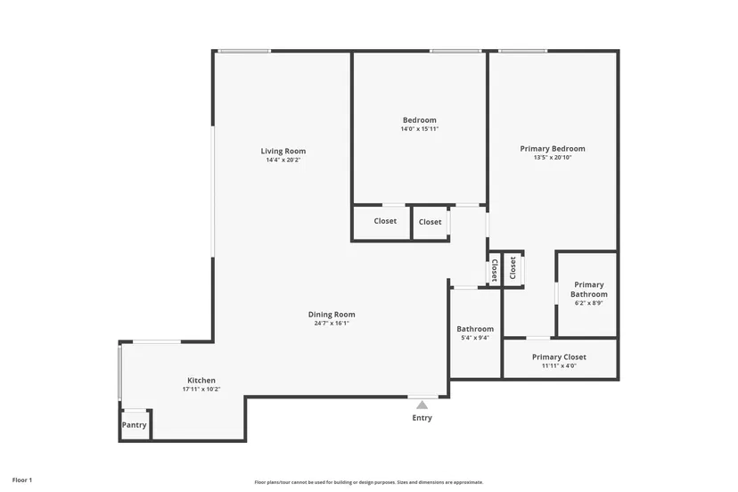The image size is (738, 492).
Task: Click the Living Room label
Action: (283, 152)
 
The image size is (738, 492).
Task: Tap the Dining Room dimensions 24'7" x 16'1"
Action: (332, 324)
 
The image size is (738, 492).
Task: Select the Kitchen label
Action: (201, 381)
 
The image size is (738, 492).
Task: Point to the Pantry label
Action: (134, 424)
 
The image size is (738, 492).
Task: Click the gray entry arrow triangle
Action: (422, 405)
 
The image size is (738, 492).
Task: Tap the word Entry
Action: (422, 418)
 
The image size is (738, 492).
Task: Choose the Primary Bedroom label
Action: (553, 149)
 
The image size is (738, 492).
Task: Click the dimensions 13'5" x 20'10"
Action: (553, 158)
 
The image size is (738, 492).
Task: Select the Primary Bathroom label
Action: (589, 290)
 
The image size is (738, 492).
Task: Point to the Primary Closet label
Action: (559, 357)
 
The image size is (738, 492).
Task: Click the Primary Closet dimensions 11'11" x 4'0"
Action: (559, 365)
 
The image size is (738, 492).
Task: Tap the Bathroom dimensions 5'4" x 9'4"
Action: (475, 338)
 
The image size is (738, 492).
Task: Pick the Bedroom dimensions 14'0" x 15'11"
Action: (420, 129)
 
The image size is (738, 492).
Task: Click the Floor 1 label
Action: (22, 480)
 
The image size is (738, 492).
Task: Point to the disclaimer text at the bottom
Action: (369, 482)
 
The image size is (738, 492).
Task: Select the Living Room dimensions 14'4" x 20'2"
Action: (283, 160)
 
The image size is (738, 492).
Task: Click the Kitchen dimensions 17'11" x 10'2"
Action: (201, 389)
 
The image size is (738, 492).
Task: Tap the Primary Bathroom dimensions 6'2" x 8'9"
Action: (589, 303)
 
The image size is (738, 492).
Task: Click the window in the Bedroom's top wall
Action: (455, 51)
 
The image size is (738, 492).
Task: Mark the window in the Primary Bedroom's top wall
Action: (523, 51)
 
